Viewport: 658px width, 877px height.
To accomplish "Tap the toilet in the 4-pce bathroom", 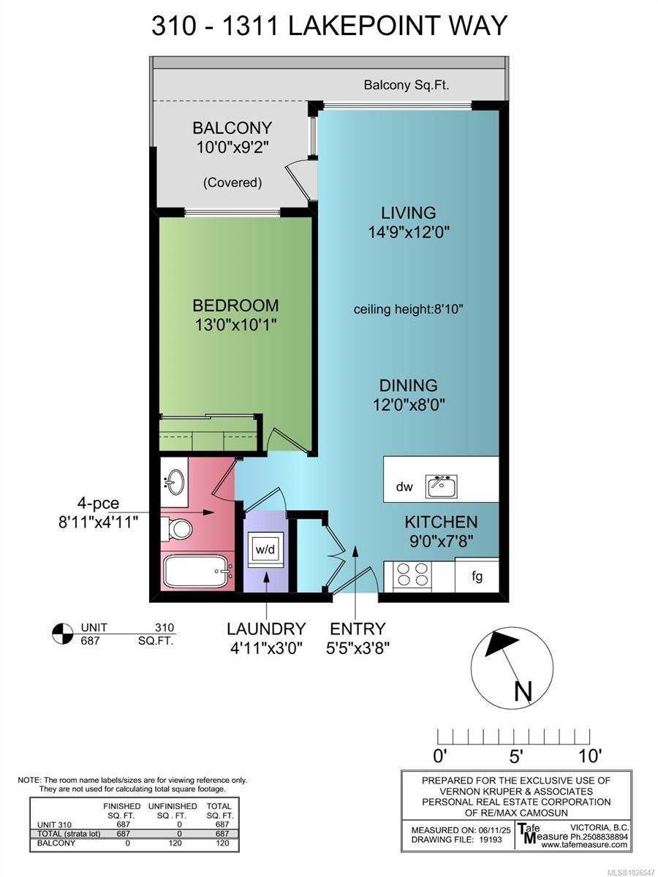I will (x=177, y=528).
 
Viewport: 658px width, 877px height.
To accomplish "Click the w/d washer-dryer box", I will (x=265, y=549).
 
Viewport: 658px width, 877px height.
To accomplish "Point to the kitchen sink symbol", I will (x=442, y=485).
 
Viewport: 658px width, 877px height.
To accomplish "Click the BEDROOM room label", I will (x=235, y=305).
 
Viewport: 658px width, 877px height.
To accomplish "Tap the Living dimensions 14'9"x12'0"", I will (x=409, y=232).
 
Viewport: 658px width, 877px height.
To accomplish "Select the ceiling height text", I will (x=409, y=309).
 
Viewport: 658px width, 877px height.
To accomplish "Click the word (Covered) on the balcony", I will (x=232, y=182).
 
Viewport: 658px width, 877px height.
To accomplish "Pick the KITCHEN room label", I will (x=442, y=522).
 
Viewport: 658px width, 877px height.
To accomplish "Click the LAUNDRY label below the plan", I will (x=265, y=629).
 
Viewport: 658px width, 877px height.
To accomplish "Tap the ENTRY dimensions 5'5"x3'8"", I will (x=357, y=648).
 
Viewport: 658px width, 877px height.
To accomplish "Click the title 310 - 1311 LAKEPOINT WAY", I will (x=329, y=26).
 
